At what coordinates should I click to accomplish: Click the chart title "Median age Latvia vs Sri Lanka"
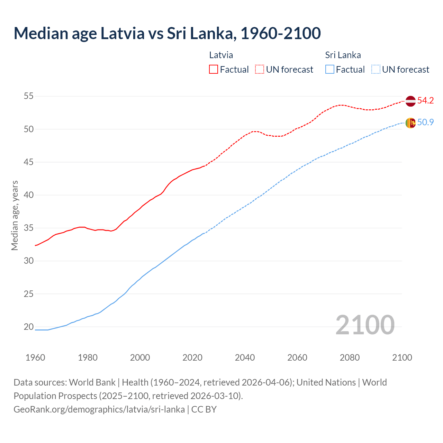(167, 33)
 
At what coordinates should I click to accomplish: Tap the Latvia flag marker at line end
(410, 101)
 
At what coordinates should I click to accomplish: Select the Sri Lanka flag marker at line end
(410, 123)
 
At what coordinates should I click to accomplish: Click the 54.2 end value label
(425, 101)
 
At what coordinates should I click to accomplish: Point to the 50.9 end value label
(425, 123)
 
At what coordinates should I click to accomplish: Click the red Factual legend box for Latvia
(214, 70)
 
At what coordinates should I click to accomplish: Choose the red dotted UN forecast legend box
(260, 70)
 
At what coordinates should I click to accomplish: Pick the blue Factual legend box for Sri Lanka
(330, 70)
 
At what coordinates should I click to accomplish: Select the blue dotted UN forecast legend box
(376, 70)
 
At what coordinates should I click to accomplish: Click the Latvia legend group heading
(221, 55)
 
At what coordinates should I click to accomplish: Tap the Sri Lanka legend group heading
(343, 55)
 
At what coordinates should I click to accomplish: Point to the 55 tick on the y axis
(29, 96)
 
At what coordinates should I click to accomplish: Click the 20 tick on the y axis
(29, 327)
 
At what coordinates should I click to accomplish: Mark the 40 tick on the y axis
(29, 195)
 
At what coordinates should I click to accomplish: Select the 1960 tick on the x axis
(35, 358)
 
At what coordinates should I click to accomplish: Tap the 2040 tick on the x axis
(245, 358)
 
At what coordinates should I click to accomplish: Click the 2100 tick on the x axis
(402, 358)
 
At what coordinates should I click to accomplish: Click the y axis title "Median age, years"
(15, 215)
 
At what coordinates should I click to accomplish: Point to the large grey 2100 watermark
(365, 325)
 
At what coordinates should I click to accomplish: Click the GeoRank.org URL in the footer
(99, 409)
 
